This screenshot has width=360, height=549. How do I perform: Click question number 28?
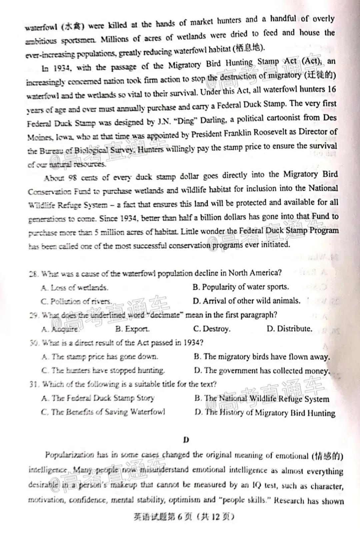point(33,274)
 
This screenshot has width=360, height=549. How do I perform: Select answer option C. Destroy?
point(212,329)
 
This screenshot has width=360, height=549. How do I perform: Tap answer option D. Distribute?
point(289,329)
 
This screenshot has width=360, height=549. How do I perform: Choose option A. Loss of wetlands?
point(75,288)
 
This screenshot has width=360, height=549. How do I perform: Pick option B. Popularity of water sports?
point(241,287)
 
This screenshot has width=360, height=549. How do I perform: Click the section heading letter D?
point(186,440)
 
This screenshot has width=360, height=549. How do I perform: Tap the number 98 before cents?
point(72,177)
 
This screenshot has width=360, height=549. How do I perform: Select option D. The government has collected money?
point(262,371)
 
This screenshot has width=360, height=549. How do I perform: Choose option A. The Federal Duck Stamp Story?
point(98,398)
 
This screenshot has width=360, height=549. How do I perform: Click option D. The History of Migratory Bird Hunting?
point(265,413)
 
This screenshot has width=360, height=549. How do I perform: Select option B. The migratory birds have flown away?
point(262,357)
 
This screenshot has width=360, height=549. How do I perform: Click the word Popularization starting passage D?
point(70,455)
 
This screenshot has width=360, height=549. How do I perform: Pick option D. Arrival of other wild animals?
point(246,301)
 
